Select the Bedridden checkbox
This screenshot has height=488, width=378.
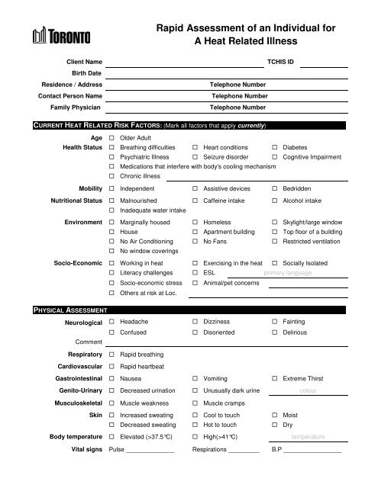276,187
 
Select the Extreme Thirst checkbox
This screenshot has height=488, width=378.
276,377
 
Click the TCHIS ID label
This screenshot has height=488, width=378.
279,59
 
